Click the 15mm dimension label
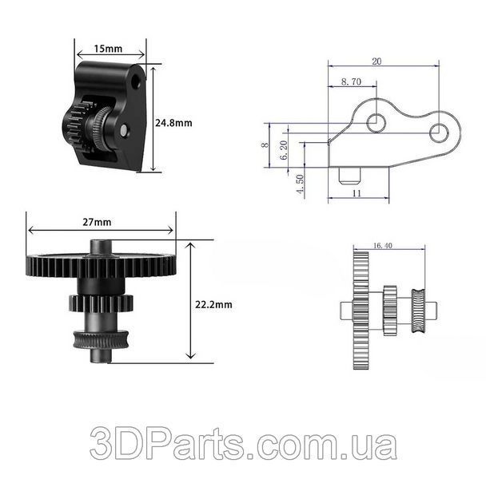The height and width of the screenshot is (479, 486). tap(108, 49)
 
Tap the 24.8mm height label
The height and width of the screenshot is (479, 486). tap(173, 123)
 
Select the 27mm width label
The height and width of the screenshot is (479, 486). tap(97, 222)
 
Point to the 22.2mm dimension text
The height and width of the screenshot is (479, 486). tap(213, 304)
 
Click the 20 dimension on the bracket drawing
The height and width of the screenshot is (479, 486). tap(376, 61)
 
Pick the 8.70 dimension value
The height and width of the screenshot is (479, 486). tap(351, 81)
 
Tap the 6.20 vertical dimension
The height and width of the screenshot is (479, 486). tap(284, 150)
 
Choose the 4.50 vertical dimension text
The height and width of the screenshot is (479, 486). tap(300, 184)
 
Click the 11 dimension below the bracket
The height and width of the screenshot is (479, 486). tap(357, 193)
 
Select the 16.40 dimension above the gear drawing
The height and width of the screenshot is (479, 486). tap(383, 246)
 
